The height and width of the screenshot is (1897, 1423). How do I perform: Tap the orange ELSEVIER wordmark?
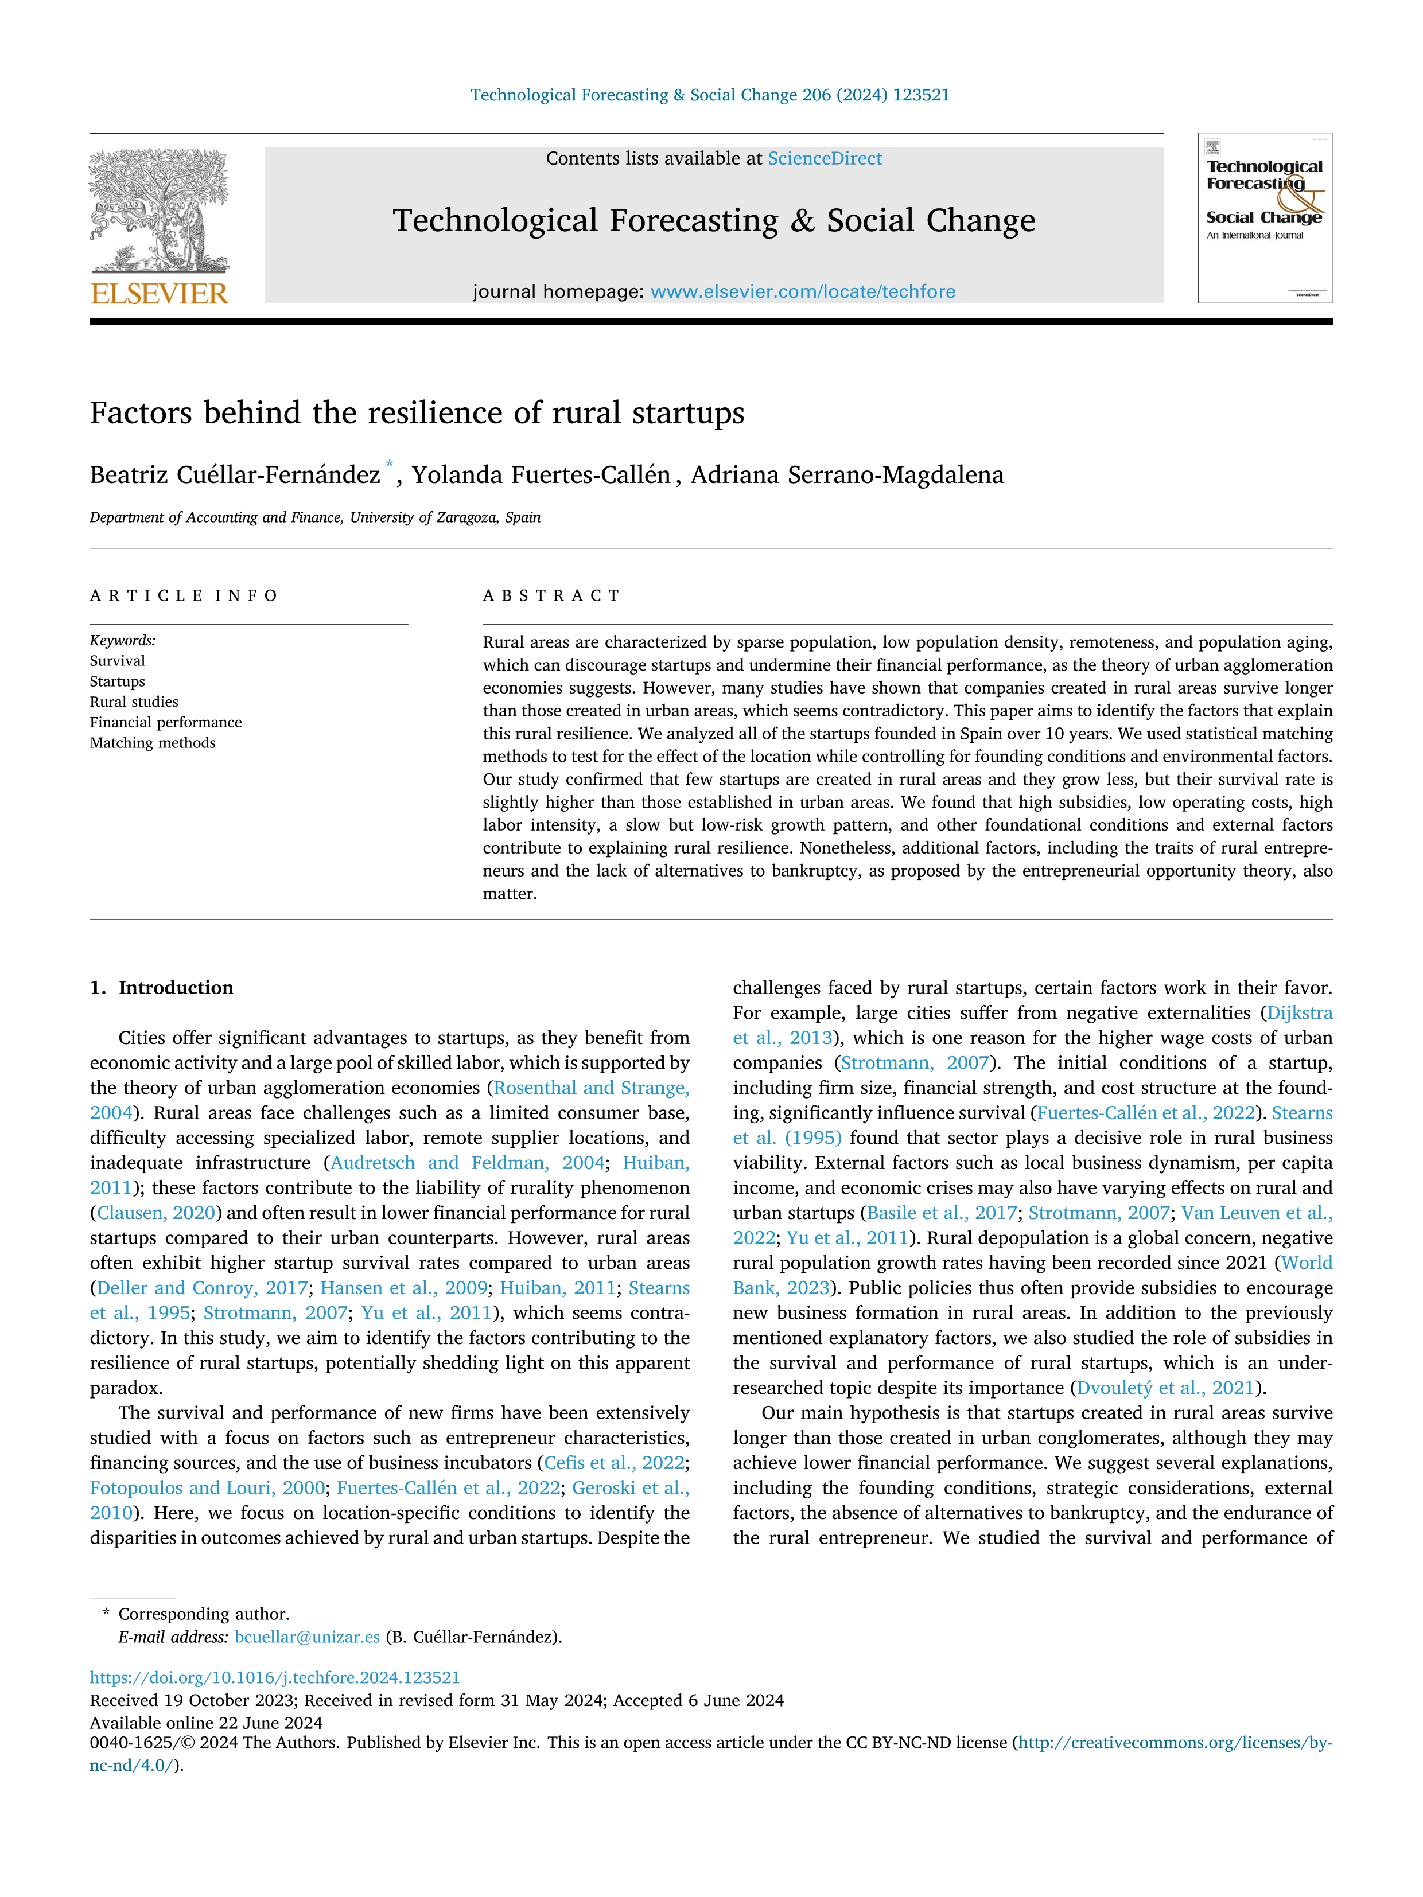coord(160,294)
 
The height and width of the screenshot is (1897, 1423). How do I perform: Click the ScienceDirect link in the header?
coord(825,159)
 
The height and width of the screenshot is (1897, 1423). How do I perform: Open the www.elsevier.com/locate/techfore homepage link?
coord(803,291)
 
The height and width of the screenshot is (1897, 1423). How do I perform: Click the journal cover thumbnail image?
coord(1265,218)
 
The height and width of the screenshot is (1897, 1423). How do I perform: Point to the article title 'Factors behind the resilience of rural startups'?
coord(417,414)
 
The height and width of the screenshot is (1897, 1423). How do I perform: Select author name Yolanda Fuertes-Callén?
coord(541,475)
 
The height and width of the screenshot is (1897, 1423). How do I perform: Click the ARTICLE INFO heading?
coord(184,596)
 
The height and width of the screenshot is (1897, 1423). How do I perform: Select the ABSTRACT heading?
coord(551,596)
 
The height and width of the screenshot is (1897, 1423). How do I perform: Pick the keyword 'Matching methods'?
coord(153,743)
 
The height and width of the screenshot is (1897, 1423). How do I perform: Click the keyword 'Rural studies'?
coord(134,702)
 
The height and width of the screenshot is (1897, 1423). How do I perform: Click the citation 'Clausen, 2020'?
coord(155,1213)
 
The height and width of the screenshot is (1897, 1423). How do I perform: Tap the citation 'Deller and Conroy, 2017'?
coord(203,1288)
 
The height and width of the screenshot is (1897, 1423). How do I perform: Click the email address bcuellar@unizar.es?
coord(307,1637)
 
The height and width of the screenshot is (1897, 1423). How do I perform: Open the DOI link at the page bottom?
coord(274,1677)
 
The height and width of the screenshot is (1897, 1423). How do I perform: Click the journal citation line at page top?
coord(710,95)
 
